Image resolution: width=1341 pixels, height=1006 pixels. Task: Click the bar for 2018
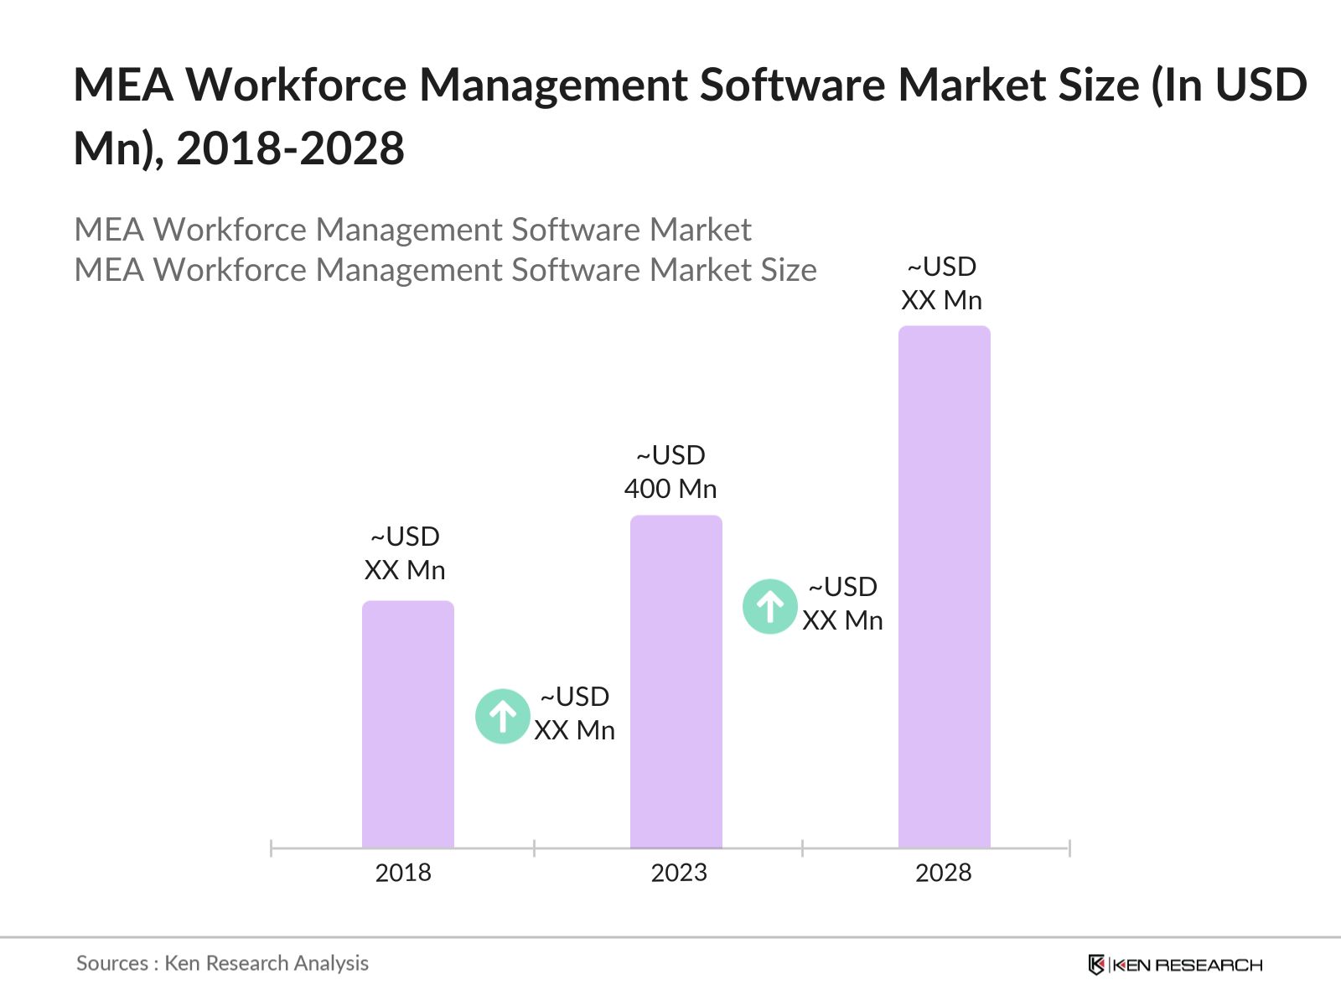tap(407, 724)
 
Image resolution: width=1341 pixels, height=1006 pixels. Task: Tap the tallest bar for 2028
tap(944, 587)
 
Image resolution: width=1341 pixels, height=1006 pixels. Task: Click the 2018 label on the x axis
tap(403, 873)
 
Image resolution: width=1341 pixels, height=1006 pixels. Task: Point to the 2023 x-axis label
tap(679, 873)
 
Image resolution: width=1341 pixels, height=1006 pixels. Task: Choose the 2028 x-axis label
tap(943, 873)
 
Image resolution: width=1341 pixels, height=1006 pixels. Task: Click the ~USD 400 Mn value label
tap(670, 472)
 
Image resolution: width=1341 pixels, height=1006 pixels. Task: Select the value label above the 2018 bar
tap(405, 553)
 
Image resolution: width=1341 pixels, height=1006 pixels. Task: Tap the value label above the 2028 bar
tap(941, 283)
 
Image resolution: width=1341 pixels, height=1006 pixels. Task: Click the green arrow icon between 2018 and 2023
tap(502, 716)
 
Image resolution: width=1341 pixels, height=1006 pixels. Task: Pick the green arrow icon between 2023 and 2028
tap(769, 606)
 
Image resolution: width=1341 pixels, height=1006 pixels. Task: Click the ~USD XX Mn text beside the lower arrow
tap(575, 713)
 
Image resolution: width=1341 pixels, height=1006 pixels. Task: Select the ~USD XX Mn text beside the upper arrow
tap(842, 604)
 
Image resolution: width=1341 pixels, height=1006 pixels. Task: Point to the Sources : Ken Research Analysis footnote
tap(222, 963)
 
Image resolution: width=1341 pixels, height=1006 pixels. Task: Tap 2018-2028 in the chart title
tap(290, 149)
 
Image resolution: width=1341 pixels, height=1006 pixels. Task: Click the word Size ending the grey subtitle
tap(788, 270)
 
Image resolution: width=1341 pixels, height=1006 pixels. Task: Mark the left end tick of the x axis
tap(271, 848)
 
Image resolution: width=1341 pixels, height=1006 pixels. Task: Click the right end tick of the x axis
tap(1069, 848)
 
